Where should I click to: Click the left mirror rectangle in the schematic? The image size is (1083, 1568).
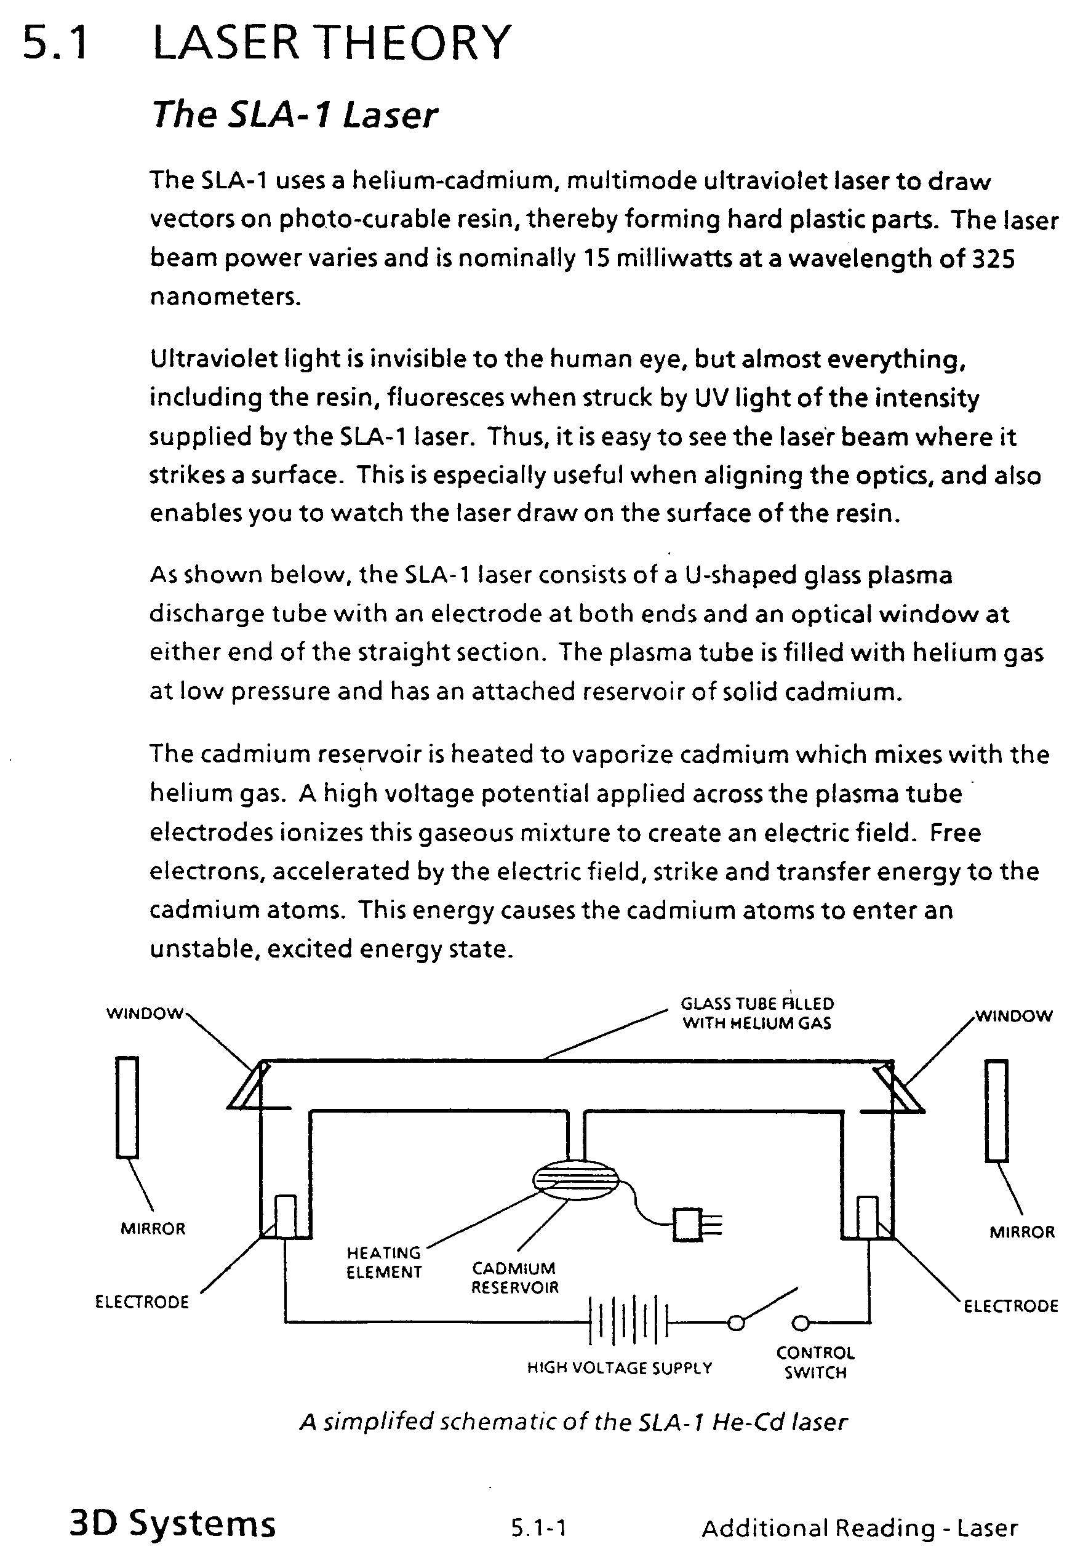pyautogui.click(x=127, y=1106)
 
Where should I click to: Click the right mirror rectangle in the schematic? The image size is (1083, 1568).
pyautogui.click(x=996, y=1111)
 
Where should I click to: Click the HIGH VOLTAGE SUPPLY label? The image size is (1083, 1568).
pyautogui.click(x=620, y=1368)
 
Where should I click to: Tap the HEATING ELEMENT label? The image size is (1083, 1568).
pyautogui.click(x=384, y=1262)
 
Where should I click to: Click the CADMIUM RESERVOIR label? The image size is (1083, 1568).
pyautogui.click(x=514, y=1278)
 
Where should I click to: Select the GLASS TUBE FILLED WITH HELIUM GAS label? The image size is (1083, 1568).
pyautogui.click(x=757, y=1013)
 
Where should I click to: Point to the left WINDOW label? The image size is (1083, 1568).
pyautogui.click(x=145, y=1014)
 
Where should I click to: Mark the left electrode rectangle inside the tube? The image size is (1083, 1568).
pyautogui.click(x=285, y=1216)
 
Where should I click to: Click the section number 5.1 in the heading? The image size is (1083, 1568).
pyautogui.click(x=55, y=42)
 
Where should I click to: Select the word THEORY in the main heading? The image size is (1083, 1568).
pyautogui.click(x=414, y=42)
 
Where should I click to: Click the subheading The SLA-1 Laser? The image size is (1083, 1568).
pyautogui.click(x=295, y=114)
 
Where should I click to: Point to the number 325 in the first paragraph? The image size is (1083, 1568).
pyautogui.click(x=993, y=258)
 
